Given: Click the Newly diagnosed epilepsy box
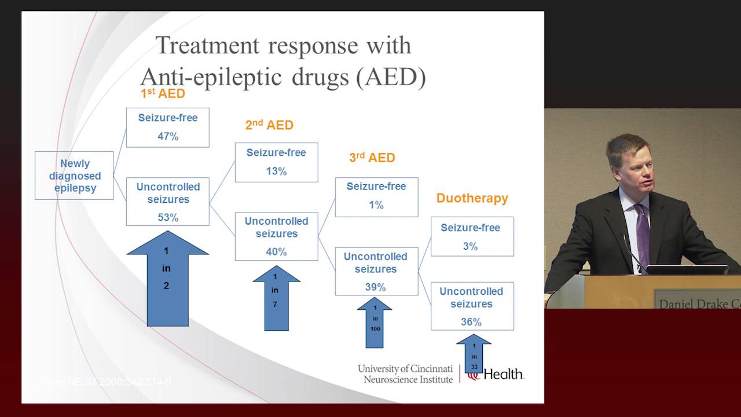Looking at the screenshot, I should pos(74,176).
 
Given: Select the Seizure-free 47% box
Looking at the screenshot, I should pos(168,127).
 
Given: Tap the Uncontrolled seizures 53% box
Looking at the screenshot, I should pos(168,202).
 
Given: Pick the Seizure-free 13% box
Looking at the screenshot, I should pos(276,162).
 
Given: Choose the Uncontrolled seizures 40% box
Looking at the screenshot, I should pos(276,236).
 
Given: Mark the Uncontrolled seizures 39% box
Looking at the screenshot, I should pos(376,271).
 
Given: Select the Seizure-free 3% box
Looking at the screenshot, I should pos(472,236).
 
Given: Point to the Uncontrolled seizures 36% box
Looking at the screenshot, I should pos(472,306).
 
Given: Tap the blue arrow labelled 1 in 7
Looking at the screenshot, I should pos(276,298).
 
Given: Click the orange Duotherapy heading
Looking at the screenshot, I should pos(472,198).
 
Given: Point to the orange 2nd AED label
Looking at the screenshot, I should pos(269,125).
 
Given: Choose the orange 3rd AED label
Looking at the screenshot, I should pos(372,157).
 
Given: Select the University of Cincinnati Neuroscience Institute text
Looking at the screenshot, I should pos(405,374).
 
